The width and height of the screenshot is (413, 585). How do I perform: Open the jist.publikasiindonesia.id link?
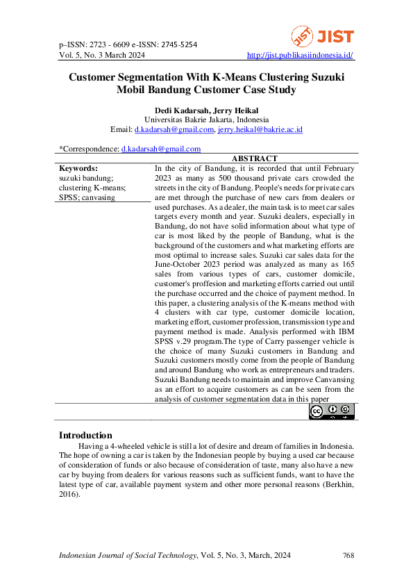[301, 55]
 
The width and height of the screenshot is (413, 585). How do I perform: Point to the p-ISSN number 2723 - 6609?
[115, 44]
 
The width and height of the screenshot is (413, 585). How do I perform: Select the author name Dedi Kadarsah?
[182, 110]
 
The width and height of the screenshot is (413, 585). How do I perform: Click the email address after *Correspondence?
[161, 149]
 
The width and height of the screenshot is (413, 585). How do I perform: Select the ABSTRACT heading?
[254, 159]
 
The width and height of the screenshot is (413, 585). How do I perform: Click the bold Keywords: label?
[78, 168]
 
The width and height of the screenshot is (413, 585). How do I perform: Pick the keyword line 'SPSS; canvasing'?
[87, 197]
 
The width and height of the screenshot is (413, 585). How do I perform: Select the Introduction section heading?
[85, 435]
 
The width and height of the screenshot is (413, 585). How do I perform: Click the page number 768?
[348, 555]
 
